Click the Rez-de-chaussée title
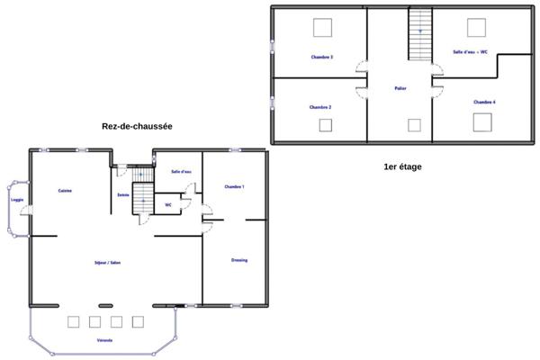click(137, 128)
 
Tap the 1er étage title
click(402, 166)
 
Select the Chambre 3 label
click(321, 57)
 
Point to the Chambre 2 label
click(320, 107)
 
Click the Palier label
click(400, 88)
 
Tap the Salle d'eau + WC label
click(470, 52)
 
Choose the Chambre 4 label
click(484, 102)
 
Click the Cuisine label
click(65, 191)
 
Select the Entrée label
click(123, 195)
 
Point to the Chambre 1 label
click(234, 186)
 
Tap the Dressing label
click(238, 260)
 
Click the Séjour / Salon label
click(107, 263)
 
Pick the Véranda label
click(104, 341)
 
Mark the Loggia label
click(16, 200)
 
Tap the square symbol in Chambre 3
click(321, 27)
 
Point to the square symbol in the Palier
click(414, 125)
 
